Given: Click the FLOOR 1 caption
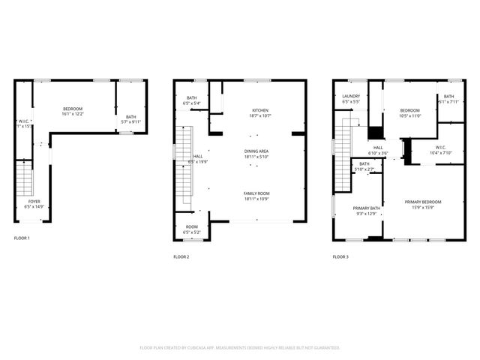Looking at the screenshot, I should point(22,238).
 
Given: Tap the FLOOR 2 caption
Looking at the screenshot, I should point(181,256).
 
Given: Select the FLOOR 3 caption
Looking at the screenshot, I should point(340,256).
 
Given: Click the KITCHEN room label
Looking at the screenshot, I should point(259,111).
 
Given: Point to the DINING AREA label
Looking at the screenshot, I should point(256,151).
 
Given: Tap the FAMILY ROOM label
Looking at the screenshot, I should point(256,193).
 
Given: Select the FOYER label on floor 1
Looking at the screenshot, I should point(34,202).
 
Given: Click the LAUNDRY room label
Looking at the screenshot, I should point(352,97).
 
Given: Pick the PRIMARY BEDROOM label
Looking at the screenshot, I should point(423,202).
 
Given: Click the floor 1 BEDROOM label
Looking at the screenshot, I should point(72,109).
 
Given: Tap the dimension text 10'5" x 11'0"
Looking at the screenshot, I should point(410,115).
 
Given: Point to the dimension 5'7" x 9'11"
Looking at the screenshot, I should point(132,121).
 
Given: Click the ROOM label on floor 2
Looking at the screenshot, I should point(191,227).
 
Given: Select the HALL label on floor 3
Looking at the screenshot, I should point(378,148).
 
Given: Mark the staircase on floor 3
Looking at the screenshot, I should point(343,142).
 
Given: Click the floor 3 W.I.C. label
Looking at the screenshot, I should point(439,148).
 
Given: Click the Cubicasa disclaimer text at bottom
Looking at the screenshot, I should point(240,348).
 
